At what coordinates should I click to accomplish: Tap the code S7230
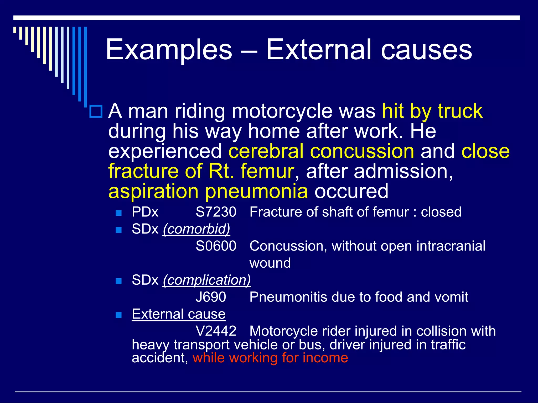pyautogui.click(x=216, y=212)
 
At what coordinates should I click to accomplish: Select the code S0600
pyautogui.click(x=216, y=246)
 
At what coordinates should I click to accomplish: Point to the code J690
pyautogui.click(x=211, y=297)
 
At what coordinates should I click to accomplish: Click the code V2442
pyautogui.click(x=216, y=331)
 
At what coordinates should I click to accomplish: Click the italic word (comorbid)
pyautogui.click(x=196, y=229)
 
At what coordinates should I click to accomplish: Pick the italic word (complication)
pyautogui.click(x=207, y=280)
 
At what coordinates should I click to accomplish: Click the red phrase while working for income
pyautogui.click(x=270, y=358)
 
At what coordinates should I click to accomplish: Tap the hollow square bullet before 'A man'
pyautogui.click(x=96, y=112)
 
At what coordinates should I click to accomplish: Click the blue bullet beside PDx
pyautogui.click(x=119, y=213)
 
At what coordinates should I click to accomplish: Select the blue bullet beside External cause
pyautogui.click(x=119, y=315)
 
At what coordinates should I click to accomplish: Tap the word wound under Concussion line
pyautogui.click(x=270, y=263)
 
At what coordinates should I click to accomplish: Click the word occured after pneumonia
pyautogui.click(x=351, y=192)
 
